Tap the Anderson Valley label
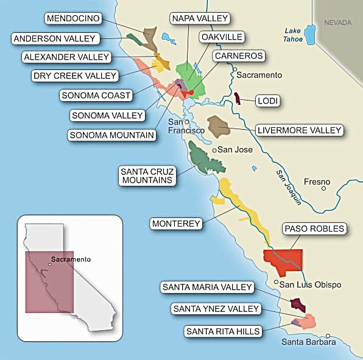(54, 39)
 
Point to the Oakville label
(222, 37)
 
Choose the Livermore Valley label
(299, 130)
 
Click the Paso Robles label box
(314, 229)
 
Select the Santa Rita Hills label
(224, 331)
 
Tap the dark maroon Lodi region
(237, 99)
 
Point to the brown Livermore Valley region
(218, 126)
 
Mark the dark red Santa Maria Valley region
(298, 305)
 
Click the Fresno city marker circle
(323, 188)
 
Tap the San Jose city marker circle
(214, 150)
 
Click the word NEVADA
(337, 23)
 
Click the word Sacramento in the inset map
(71, 259)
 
